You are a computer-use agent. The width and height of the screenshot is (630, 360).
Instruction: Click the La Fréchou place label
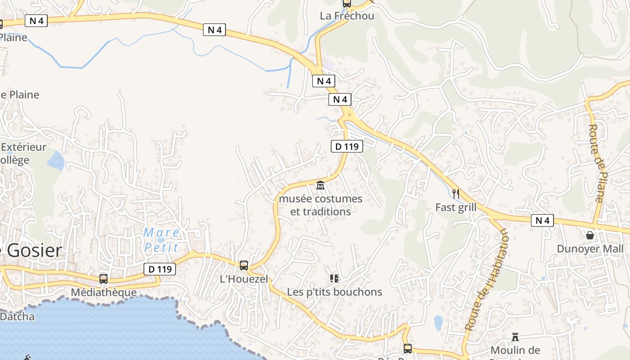[x=346, y=16]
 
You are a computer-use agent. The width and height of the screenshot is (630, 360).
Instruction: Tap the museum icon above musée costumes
[x=320, y=184]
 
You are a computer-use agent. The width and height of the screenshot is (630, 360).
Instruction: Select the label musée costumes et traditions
[x=320, y=205]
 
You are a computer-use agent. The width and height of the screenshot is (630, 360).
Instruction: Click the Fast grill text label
[x=456, y=207]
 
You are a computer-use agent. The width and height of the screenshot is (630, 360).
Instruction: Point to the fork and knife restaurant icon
[x=456, y=194]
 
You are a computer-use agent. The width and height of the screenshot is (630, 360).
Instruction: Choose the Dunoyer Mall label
[x=590, y=249]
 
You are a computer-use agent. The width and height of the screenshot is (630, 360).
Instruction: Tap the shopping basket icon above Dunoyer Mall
[x=590, y=235]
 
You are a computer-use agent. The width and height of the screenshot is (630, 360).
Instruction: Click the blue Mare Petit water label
[x=162, y=240]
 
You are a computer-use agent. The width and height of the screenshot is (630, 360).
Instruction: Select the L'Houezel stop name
[x=243, y=279]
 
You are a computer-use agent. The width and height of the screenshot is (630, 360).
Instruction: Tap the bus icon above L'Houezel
[x=243, y=265]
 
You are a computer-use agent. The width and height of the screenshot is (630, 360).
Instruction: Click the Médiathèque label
[x=103, y=292]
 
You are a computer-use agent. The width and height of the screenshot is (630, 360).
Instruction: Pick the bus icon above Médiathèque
[x=103, y=279]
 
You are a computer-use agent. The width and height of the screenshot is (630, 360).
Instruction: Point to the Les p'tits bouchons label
[x=334, y=292]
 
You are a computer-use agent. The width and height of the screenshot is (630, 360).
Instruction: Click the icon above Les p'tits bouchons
[x=334, y=279]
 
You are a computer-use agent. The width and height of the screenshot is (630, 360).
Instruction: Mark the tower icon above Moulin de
[x=515, y=337]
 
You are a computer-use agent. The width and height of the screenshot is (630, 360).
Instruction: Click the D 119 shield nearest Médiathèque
[x=160, y=269]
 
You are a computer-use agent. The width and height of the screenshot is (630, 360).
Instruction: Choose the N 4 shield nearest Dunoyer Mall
[x=542, y=220]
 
